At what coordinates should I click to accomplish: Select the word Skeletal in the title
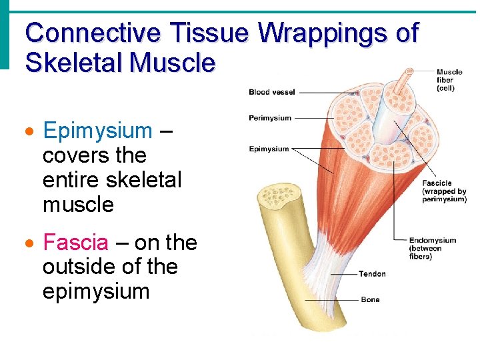click(x=73, y=63)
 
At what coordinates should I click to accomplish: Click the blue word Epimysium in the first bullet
click(x=97, y=131)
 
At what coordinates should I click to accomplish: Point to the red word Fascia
click(x=75, y=243)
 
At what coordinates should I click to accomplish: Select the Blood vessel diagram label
click(x=271, y=92)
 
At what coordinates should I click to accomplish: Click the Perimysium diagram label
click(x=269, y=118)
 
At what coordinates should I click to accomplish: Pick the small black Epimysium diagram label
click(x=269, y=149)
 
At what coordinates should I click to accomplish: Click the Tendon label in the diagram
click(x=371, y=274)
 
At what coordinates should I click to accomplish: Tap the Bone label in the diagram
click(x=369, y=300)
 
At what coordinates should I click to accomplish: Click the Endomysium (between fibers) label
click(x=432, y=248)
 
